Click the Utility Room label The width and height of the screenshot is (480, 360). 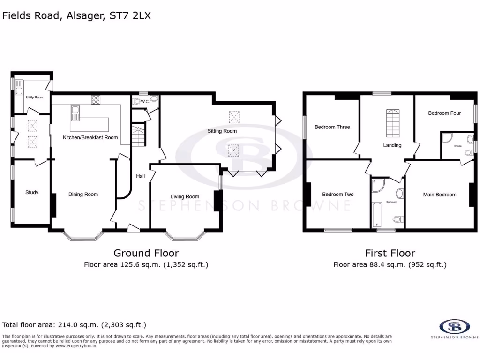point(34,97)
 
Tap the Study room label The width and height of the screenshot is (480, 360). point(32,192)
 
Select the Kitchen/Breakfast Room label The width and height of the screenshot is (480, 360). point(90,137)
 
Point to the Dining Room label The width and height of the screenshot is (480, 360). point(83,194)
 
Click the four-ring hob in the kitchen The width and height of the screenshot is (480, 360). point(95,99)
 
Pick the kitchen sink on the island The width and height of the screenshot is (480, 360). point(75,112)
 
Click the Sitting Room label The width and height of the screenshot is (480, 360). point(222,131)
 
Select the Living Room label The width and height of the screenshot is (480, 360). point(185,196)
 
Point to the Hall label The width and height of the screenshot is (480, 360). point(140,176)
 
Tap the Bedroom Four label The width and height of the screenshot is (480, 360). point(444,113)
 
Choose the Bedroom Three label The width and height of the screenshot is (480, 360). point(332,127)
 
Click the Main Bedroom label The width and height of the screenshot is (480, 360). point(439,195)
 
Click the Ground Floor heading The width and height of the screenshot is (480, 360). point(146,253)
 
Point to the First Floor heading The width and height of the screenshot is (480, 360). point(390,253)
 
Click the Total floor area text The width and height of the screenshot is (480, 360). point(75,324)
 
